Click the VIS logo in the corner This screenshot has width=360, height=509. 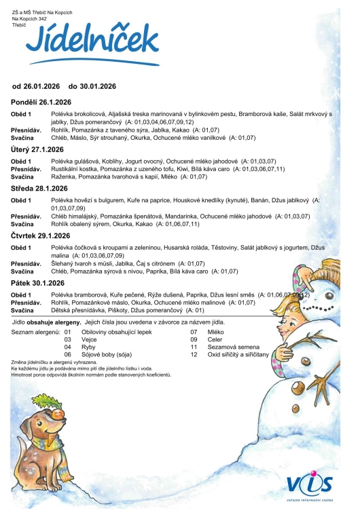tap(310, 484)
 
